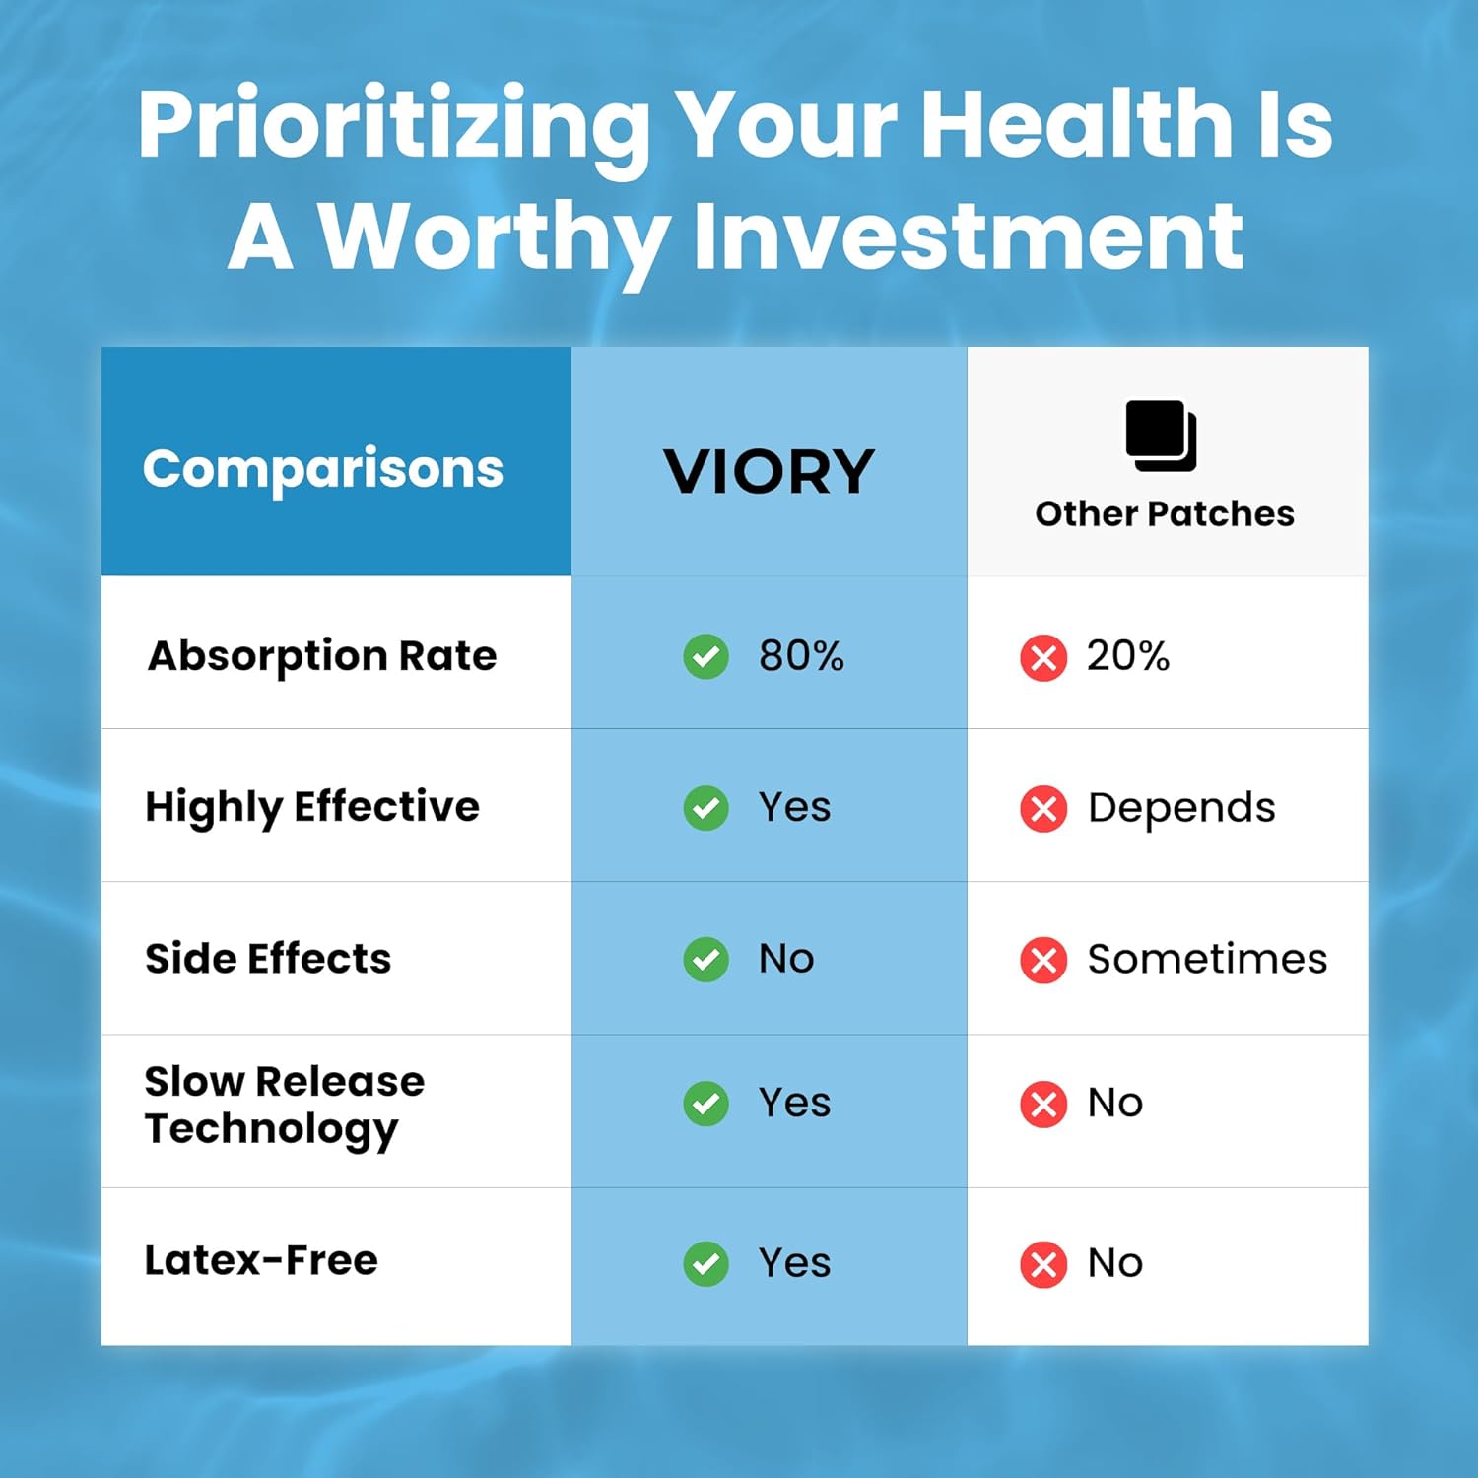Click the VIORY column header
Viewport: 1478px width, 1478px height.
click(769, 472)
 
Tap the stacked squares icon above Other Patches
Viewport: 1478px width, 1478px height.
click(1162, 436)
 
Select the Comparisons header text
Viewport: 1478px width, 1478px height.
click(323, 469)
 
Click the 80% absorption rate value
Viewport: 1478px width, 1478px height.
click(801, 656)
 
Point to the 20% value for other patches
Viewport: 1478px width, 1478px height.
click(1128, 656)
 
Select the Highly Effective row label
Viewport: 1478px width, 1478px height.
click(312, 808)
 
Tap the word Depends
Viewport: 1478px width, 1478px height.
click(1181, 809)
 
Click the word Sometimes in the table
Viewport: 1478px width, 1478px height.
click(1207, 959)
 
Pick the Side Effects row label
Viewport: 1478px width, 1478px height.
click(268, 959)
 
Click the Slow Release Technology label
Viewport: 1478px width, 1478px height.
click(285, 1106)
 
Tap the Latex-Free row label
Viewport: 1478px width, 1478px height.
click(261, 1260)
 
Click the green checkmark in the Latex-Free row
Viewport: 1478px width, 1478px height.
click(706, 1264)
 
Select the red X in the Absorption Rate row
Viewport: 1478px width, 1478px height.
click(1043, 658)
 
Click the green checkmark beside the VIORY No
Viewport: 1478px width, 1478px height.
click(706, 960)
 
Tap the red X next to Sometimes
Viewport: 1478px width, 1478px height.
click(1043, 960)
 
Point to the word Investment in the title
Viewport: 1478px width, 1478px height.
click(969, 236)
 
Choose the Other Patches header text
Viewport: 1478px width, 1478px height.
click(1165, 513)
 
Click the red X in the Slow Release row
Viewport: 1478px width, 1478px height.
click(1043, 1104)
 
